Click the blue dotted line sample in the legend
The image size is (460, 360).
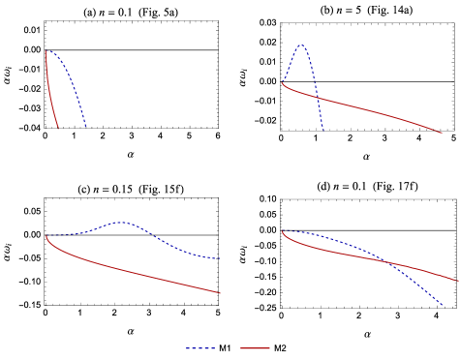tap(200, 348)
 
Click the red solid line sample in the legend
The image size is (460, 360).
tap(255, 348)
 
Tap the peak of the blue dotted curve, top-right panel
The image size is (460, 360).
tap(301, 45)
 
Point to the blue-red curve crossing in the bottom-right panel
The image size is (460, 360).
tap(387, 262)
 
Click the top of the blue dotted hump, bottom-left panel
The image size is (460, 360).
tap(122, 223)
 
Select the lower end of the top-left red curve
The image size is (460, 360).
tap(58, 129)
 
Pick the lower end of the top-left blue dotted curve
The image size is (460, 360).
tap(86, 128)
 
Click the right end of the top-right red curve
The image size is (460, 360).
tap(442, 133)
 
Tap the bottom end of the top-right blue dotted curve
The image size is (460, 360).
tap(322, 129)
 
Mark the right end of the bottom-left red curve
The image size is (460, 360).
tap(220, 292)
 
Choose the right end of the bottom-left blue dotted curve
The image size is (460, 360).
tap(221, 258)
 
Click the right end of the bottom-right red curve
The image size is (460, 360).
tap(458, 281)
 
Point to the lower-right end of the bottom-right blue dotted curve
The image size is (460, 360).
tap(443, 305)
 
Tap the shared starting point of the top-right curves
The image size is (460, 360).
tap(282, 83)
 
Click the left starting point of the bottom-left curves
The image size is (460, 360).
tap(46, 235)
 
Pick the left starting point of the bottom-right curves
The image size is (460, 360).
tap(282, 231)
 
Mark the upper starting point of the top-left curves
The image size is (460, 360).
tap(46, 50)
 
